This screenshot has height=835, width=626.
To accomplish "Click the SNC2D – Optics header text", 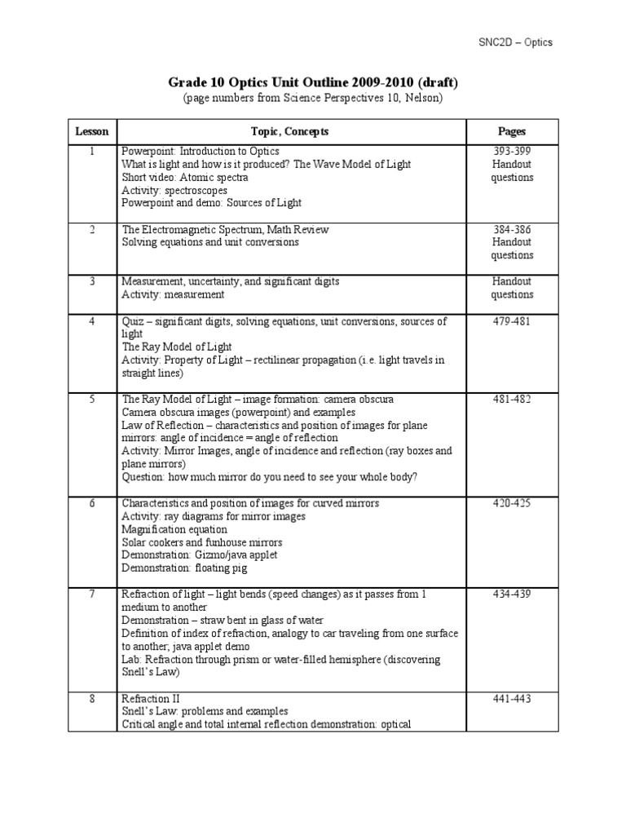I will pyautogui.click(x=514, y=42).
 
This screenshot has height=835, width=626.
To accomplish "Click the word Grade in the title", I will pyautogui.click(x=187, y=82).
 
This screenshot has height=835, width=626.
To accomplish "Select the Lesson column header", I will pyautogui.click(x=92, y=131).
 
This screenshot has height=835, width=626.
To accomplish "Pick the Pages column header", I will pyautogui.click(x=511, y=131).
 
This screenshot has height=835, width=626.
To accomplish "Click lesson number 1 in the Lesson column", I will pyautogui.click(x=92, y=152).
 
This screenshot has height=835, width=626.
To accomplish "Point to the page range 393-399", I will pyautogui.click(x=511, y=152).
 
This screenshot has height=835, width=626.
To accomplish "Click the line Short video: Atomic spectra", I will pyautogui.click(x=174, y=178).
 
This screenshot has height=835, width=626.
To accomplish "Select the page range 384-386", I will pyautogui.click(x=511, y=230).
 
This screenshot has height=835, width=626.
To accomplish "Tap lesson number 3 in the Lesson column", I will pyautogui.click(x=92, y=281).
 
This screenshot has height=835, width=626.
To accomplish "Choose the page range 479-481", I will pyautogui.click(x=511, y=321).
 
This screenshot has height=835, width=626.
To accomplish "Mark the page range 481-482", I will pyautogui.click(x=511, y=400).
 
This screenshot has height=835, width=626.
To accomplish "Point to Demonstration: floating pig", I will pyautogui.click(x=183, y=568).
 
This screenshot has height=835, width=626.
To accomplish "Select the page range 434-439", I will pyautogui.click(x=511, y=594).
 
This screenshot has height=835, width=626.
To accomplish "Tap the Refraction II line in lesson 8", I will pyautogui.click(x=151, y=699).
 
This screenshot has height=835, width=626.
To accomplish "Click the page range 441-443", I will pyautogui.click(x=511, y=699).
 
